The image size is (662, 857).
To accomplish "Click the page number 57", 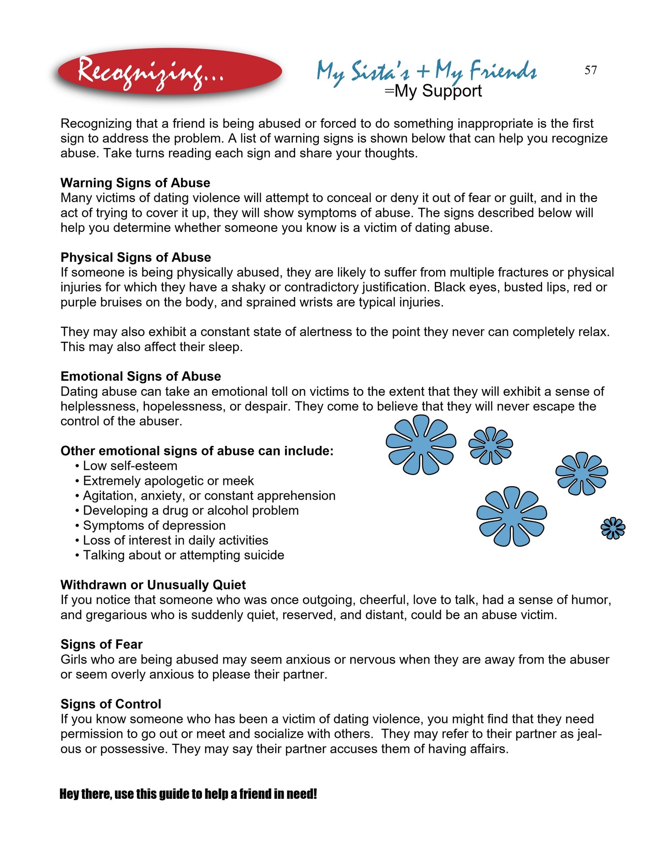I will pos(591,70).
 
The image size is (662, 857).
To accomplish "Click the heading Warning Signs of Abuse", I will pos(135,183).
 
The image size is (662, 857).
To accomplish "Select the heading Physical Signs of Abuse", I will pos(136,257).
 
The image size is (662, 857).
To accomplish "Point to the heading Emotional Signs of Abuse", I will pos(141,376).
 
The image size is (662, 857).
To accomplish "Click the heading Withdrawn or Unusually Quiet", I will pos(153,585).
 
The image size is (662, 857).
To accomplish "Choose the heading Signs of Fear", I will pos(101,644).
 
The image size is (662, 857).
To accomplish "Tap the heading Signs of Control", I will pos(111,704).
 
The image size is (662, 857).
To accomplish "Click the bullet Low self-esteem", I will pos(130,466).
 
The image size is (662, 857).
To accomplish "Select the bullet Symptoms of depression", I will pos(154,526).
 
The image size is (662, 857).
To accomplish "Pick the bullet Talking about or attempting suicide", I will pos(183,555).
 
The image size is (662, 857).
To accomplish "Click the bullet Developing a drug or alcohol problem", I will pos(191,511).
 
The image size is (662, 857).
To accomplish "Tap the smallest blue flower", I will pos(613,528).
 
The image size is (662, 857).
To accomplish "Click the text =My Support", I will pos(433,91).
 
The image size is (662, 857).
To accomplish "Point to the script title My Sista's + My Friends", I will pos(426,71).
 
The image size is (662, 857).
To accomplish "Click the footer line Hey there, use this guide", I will pos(188,794).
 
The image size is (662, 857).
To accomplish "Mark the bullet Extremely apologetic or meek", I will pos(168,481).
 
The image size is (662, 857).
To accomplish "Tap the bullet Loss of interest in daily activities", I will pos(175,540).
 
